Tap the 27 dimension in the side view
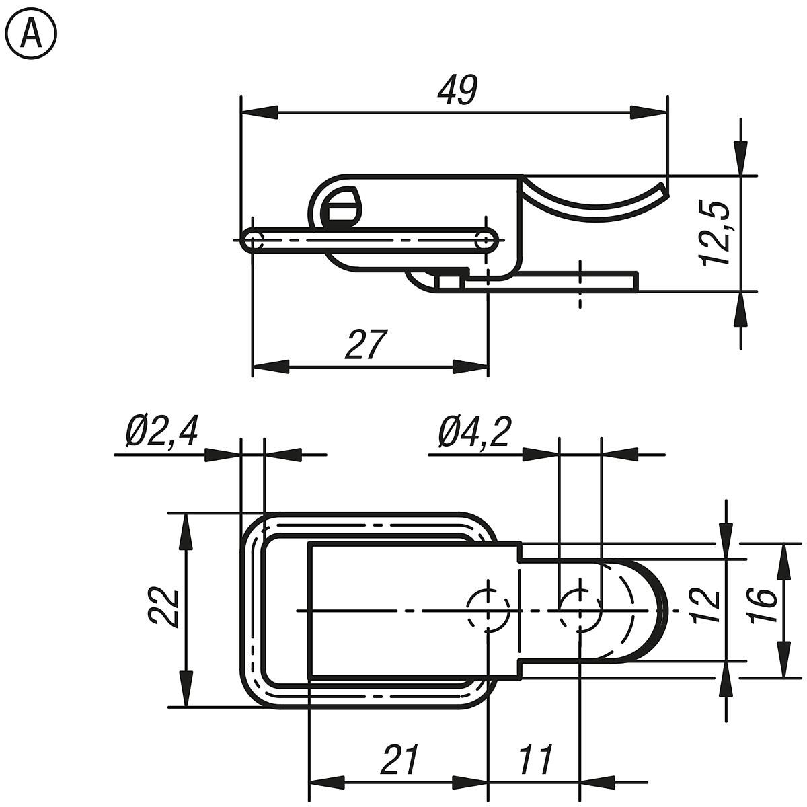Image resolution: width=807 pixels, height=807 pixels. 367,345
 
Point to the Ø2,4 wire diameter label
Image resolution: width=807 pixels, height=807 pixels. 161,432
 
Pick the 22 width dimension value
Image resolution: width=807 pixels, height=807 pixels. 163,609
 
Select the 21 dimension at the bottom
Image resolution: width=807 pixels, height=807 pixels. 399,760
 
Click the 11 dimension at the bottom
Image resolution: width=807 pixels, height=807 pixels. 535,760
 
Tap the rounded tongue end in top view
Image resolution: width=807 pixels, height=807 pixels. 656,609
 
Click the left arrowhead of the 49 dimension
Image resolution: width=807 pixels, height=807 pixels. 259,112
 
